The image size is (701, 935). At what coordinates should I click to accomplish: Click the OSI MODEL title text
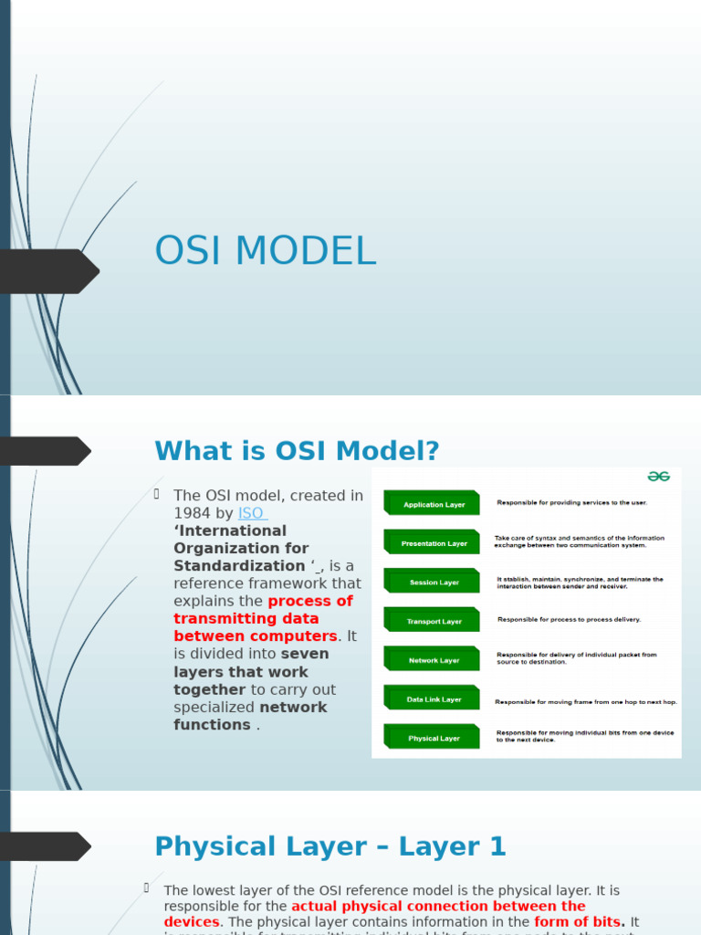[x=265, y=251]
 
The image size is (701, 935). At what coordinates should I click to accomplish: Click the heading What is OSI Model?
[x=297, y=451]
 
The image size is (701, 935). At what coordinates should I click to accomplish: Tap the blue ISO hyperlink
[x=252, y=513]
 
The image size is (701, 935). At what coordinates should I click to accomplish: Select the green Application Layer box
[x=433, y=504]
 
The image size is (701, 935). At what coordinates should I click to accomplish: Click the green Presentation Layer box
[x=433, y=543]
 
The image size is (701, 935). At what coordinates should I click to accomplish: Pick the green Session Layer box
[x=433, y=582]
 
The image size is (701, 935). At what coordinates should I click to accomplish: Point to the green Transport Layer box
[x=433, y=621]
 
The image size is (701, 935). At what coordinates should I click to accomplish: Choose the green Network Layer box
[x=433, y=660]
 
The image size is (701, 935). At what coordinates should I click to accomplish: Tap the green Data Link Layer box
[x=433, y=699]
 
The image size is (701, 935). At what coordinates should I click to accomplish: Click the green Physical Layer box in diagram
[x=433, y=738]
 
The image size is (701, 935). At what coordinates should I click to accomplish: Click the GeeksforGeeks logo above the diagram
[x=658, y=477]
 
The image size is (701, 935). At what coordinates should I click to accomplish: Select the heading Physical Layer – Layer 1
[x=330, y=846]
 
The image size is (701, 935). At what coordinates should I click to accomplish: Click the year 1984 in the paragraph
[x=192, y=513]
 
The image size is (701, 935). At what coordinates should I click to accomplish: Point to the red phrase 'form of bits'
[x=578, y=922]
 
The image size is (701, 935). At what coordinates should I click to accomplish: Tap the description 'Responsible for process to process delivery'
[x=569, y=619]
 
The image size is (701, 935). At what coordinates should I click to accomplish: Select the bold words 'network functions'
[x=250, y=716]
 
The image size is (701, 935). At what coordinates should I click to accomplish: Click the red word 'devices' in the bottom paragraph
[x=192, y=922]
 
